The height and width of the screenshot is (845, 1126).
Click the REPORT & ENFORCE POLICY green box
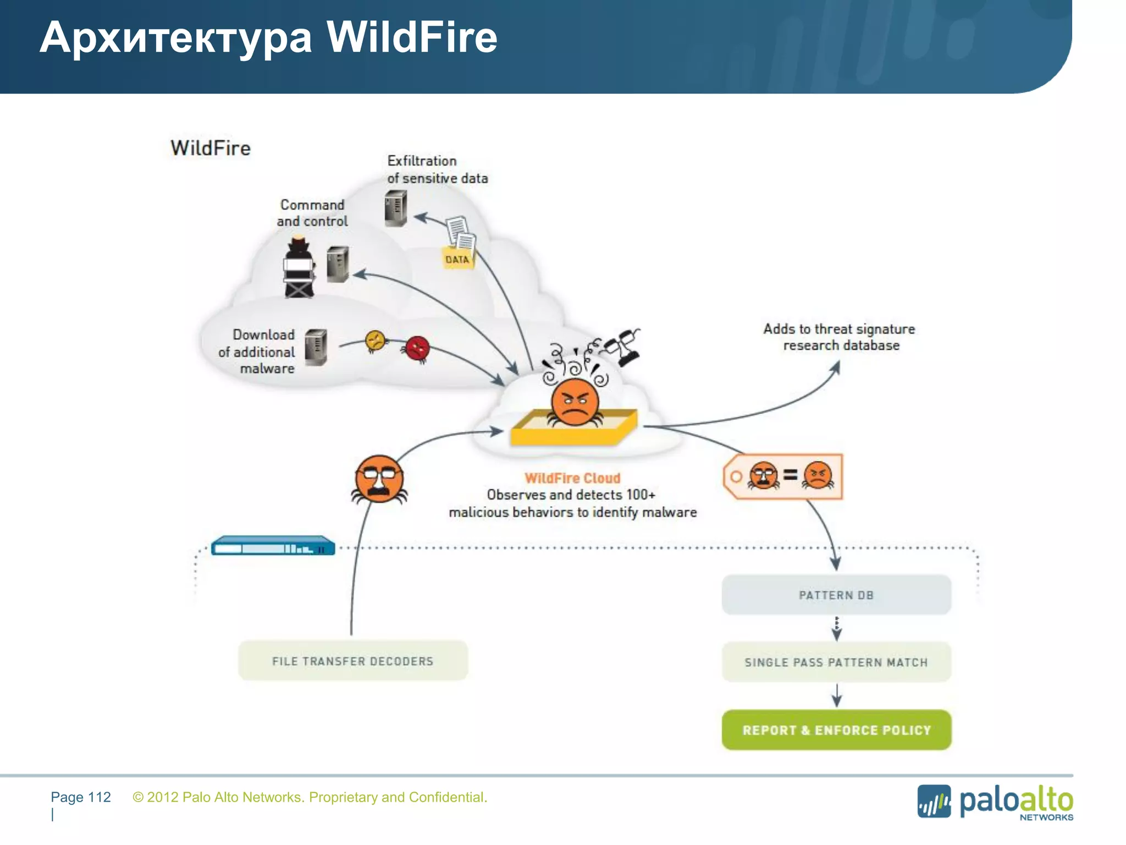tap(836, 730)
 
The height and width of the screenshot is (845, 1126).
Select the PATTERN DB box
tap(836, 595)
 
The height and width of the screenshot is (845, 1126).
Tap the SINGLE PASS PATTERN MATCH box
tap(836, 662)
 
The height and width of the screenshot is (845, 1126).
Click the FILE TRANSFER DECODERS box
tap(352, 661)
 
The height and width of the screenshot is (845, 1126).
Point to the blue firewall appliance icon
tap(273, 546)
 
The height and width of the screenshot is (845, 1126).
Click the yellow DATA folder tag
tap(457, 259)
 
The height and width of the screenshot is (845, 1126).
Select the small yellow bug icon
tap(376, 341)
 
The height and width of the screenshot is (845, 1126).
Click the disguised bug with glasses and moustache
tap(379, 479)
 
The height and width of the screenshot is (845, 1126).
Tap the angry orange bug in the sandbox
tap(575, 403)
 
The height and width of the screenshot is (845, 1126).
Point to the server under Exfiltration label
tap(396, 208)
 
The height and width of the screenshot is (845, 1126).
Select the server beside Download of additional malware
tap(316, 347)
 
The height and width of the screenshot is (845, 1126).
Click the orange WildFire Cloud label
tap(572, 478)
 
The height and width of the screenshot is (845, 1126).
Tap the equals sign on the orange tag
tap(790, 475)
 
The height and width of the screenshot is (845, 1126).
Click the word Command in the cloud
tap(312, 205)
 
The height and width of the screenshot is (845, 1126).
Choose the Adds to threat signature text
tap(839, 329)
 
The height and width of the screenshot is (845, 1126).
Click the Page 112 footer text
tap(81, 797)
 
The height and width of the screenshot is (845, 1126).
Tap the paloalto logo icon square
tap(934, 801)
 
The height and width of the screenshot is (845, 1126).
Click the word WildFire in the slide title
tap(412, 37)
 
